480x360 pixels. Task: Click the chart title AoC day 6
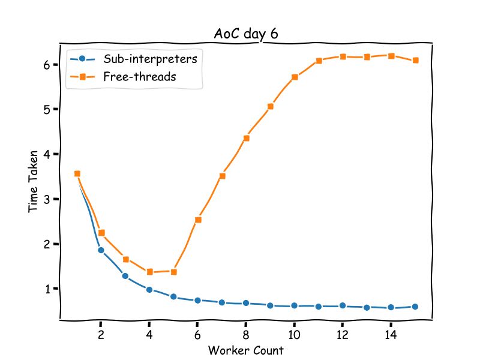pos(246,34)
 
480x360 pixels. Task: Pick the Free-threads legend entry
pos(139,76)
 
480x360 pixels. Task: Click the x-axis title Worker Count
pos(245,350)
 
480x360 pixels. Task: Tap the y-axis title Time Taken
pos(34,181)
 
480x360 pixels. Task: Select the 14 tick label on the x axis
pos(391,335)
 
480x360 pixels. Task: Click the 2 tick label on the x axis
pos(101,335)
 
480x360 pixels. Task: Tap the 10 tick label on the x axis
pos(294,335)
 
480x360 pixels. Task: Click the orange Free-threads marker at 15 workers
pos(415,60)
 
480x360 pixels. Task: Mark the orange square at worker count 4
pos(149,272)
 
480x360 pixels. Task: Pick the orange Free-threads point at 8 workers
pos(246,138)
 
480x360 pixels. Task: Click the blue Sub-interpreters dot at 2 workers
pos(101,250)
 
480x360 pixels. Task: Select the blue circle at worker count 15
pos(415,307)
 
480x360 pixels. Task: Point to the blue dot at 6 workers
pos(197,300)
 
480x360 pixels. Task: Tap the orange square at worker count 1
pos(77,173)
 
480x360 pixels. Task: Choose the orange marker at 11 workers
pos(319,61)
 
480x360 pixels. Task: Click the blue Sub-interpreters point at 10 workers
pos(294,305)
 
